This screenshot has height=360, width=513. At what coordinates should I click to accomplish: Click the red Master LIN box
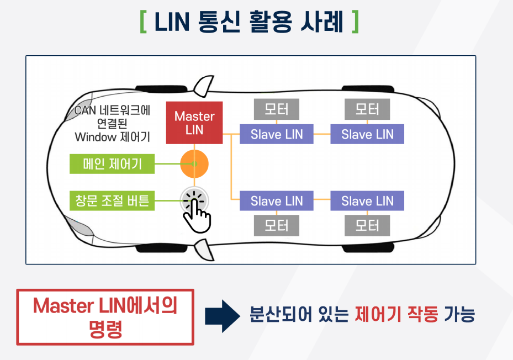click(194, 123)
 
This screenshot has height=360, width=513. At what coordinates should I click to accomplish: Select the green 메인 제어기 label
click(112, 164)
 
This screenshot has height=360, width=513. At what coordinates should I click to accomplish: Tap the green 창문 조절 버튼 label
click(112, 200)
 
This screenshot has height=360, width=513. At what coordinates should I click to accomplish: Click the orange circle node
click(194, 164)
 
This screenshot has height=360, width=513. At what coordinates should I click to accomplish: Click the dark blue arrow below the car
click(221, 316)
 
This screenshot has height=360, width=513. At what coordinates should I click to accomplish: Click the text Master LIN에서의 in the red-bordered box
click(105, 306)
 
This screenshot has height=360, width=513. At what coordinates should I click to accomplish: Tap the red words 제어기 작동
click(396, 316)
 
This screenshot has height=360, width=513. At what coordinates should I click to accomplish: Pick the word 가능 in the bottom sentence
click(459, 316)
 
